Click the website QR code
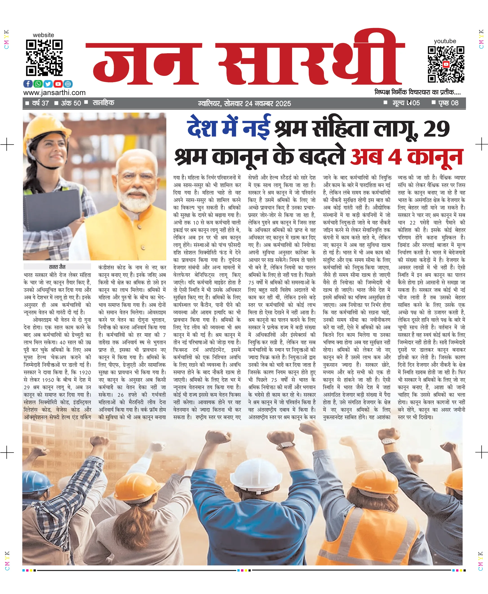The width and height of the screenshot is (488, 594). pyautogui.click(x=44, y=58)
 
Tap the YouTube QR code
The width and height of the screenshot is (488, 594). pyautogui.click(x=446, y=64)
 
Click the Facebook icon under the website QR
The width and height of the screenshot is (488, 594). pyautogui.click(x=28, y=84)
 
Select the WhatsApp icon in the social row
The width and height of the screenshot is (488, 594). pyautogui.click(x=38, y=84)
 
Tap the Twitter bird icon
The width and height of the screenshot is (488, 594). pyautogui.click(x=48, y=84)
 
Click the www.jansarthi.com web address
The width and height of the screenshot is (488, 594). pyautogui.click(x=54, y=93)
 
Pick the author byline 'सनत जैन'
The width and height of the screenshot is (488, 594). pyautogui.click(x=57, y=267)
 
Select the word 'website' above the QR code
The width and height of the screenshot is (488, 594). pyautogui.click(x=43, y=35)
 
